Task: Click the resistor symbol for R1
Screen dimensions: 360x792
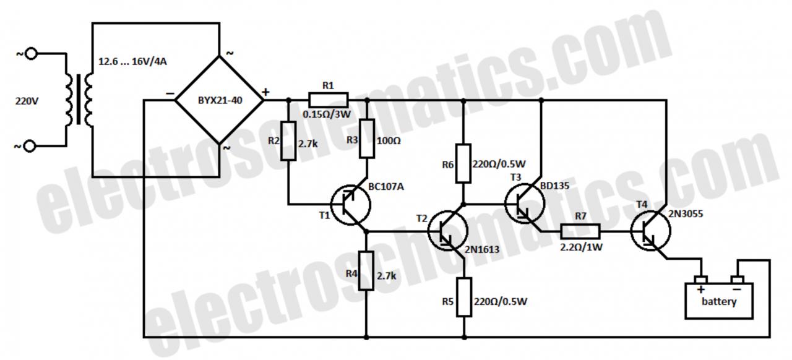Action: pyautogui.click(x=329, y=100)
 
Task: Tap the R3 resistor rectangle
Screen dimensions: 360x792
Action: pyautogui.click(x=367, y=139)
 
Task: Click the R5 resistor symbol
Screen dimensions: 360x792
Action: pyautogui.click(x=465, y=297)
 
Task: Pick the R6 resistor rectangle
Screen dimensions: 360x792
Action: pyautogui.click(x=464, y=163)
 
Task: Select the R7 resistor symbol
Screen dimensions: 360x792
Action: pyautogui.click(x=580, y=232)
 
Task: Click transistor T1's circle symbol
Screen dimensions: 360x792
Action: pyautogui.click(x=350, y=205)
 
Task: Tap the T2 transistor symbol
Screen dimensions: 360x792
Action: pyautogui.click(x=447, y=231)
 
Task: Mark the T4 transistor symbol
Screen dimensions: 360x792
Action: pyautogui.click(x=650, y=231)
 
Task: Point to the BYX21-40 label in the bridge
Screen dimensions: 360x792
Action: pyautogui.click(x=220, y=100)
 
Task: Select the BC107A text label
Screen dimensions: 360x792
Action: pyautogui.click(x=386, y=186)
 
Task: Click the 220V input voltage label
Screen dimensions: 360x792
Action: pyautogui.click(x=27, y=100)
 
